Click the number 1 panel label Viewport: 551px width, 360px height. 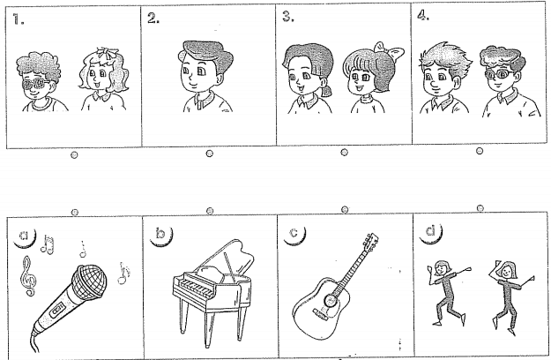tap(19, 19)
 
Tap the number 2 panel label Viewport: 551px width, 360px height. tap(153, 19)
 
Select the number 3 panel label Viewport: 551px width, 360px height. tap(288, 16)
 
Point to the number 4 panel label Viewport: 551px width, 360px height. tap(423, 15)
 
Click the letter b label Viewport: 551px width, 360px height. tap(160, 234)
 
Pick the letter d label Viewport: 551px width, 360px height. tap(430, 231)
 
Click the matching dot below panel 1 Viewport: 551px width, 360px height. tap(74, 154)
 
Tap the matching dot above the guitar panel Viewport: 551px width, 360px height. tap(345, 209)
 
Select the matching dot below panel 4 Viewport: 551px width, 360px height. tap(480, 151)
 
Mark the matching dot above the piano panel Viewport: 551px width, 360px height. tap(210, 211)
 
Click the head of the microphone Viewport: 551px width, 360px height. tap(90, 282)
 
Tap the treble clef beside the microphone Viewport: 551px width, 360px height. tap(28, 276)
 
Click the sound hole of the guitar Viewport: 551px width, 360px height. tap(330, 300)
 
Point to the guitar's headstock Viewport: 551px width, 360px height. tap(371, 241)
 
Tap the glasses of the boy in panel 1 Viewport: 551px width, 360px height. tap(36, 85)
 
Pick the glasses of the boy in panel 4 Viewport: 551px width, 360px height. tap(499, 74)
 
